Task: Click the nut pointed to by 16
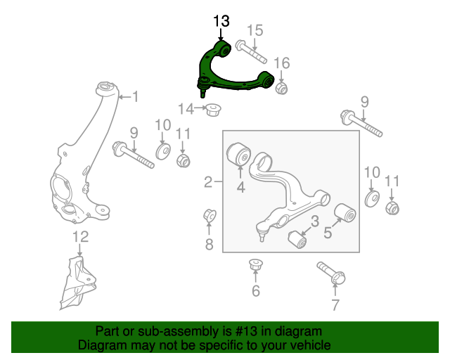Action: coord(282,89)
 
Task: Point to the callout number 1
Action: coord(131,97)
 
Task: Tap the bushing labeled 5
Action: coord(345,212)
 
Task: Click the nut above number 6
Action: coord(255,266)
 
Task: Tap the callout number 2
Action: coord(208,183)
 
